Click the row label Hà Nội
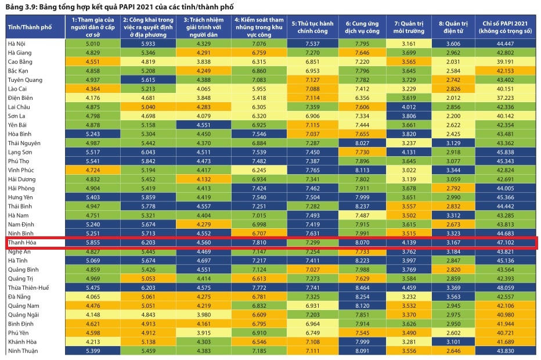(x=17, y=44)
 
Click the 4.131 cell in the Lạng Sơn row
(x=409, y=152)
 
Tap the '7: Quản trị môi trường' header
(x=409, y=26)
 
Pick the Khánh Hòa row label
(x=22, y=341)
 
